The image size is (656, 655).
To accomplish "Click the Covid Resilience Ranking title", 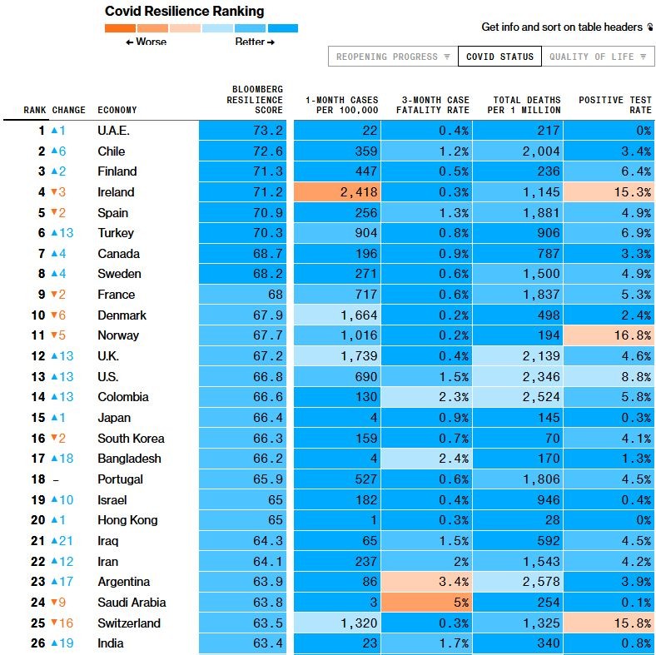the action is coord(185,12).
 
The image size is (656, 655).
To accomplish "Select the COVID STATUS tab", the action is coord(500,57).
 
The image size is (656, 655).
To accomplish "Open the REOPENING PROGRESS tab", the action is coord(393,57).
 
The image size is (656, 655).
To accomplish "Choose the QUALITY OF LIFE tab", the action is coord(599,57).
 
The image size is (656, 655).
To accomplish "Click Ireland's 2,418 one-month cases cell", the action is coord(337,192).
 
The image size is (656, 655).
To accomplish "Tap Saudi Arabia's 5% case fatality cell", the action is coord(427,603).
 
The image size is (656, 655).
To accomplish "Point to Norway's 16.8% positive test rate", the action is coord(609,335).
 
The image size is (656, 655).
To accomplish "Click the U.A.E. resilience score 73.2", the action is coord(242,131).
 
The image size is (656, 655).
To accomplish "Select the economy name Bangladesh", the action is coord(129,459).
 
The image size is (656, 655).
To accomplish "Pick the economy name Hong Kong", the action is coord(127,520).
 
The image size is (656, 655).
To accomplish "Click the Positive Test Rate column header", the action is coord(615,105).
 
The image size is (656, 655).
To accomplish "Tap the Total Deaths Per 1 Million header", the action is coord(524,105).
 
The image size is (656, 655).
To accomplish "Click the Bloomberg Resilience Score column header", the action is coord(255,100).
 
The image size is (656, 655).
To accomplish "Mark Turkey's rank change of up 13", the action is coord(62,232).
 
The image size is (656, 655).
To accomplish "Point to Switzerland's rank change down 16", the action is coord(62,623).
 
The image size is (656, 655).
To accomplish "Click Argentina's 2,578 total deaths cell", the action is coord(518,582).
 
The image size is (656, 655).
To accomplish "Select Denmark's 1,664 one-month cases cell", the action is coord(337,315).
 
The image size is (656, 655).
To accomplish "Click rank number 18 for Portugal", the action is coord(38,479).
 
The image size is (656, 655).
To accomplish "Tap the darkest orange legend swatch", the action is coord(120,28).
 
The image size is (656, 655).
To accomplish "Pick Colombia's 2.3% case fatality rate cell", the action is coord(427,397).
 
